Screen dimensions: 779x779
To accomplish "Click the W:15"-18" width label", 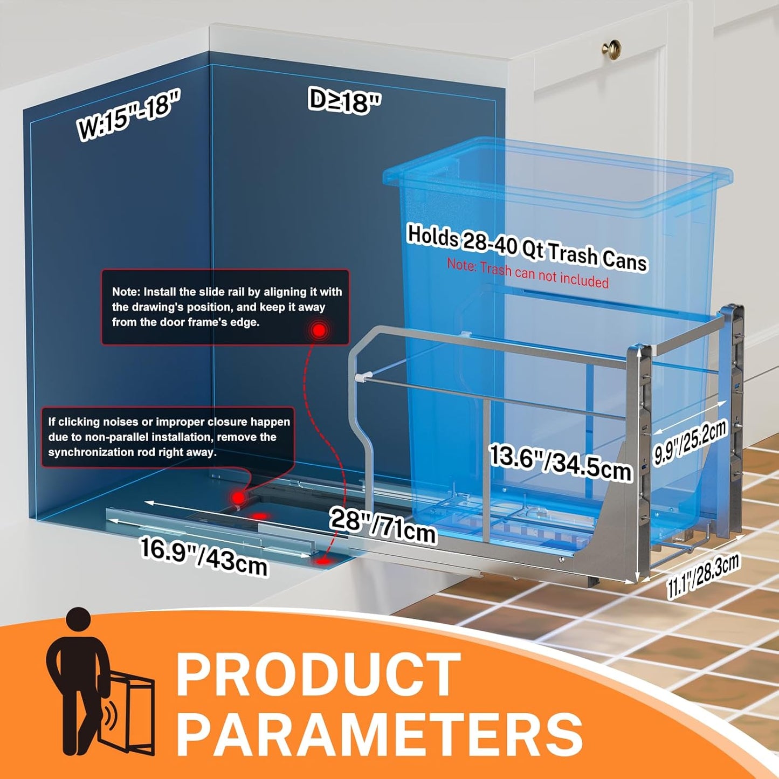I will pos(128,115).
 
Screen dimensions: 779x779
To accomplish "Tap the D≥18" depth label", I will pos(344,101).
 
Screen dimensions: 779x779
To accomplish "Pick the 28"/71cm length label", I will pos(382,526).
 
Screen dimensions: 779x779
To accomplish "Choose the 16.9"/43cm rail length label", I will pos(204,556).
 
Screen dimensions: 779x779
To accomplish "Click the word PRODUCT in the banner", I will pos(318,675).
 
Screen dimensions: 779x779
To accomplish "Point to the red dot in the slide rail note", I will pos(319,330).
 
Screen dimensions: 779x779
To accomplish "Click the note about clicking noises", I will pos(168,437).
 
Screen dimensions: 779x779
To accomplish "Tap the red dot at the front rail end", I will pos(324,561).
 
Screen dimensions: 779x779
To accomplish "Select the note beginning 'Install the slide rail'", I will pos(226,307).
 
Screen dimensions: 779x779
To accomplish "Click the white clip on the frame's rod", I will pos(364,376).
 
